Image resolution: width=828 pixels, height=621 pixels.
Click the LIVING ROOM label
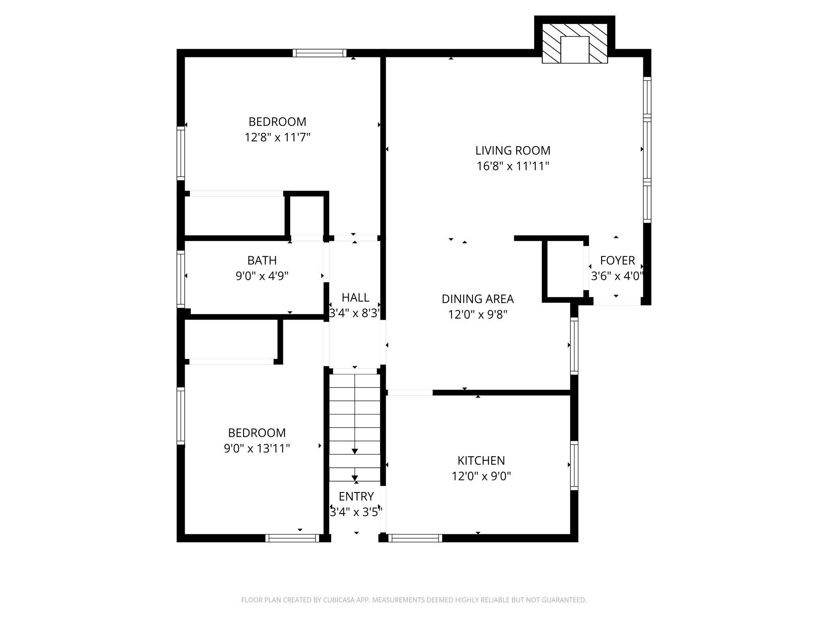tap(513, 150)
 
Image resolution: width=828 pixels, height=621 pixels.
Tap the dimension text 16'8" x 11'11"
tap(513, 166)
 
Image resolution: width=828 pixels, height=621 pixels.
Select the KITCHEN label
tap(481, 461)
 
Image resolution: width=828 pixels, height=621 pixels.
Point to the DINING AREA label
tap(478, 299)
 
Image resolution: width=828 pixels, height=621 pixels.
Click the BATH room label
tap(262, 260)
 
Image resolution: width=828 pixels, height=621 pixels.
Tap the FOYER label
tap(617, 260)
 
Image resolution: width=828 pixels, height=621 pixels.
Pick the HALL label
tap(355, 297)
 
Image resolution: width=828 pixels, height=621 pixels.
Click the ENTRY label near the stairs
tap(356, 496)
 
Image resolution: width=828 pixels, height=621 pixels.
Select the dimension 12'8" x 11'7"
tap(277, 138)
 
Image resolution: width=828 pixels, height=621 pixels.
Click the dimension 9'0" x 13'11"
tap(257, 449)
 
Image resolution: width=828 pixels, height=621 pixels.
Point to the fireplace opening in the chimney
tap(574, 50)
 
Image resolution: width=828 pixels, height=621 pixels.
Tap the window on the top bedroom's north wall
tap(320, 53)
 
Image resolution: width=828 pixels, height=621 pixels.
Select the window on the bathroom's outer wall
tap(181, 279)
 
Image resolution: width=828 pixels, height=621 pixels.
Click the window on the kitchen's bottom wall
tap(415, 538)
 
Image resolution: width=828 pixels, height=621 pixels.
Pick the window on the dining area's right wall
tap(574, 346)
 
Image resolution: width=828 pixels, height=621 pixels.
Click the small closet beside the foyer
tap(565, 269)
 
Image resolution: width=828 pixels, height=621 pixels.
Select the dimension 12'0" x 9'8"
tap(478, 315)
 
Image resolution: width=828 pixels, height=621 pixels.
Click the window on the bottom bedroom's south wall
tap(292, 538)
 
